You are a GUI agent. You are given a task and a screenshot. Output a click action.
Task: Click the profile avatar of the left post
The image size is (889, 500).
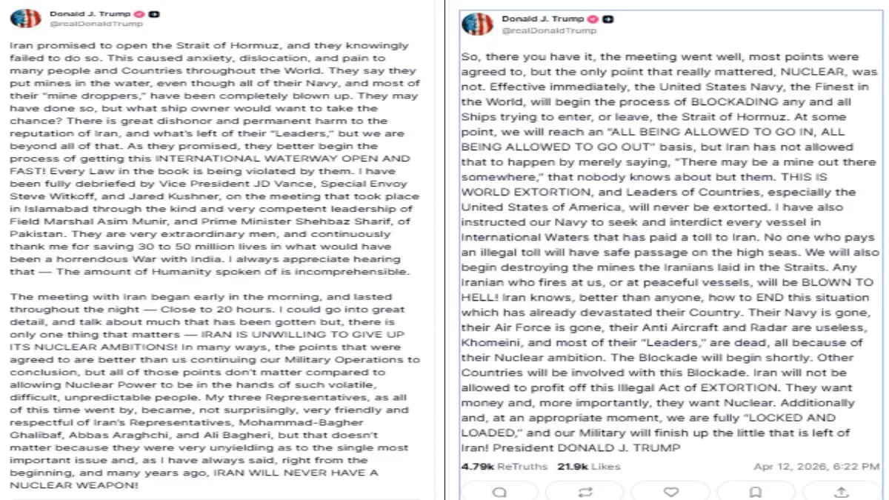pos(26,18)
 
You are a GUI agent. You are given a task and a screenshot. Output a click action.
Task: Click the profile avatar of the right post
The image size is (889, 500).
pos(477,23)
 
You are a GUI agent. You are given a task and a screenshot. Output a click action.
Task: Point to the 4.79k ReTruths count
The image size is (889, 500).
pos(504,467)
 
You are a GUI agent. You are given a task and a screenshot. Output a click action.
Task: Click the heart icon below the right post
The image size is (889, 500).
pos(670,492)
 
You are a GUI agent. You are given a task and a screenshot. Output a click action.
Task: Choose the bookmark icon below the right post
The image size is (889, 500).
pos(756,492)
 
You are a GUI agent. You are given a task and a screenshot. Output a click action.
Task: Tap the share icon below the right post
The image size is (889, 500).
pos(841,492)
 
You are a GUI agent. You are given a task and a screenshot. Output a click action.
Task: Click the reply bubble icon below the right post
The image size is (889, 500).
pos(500,492)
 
